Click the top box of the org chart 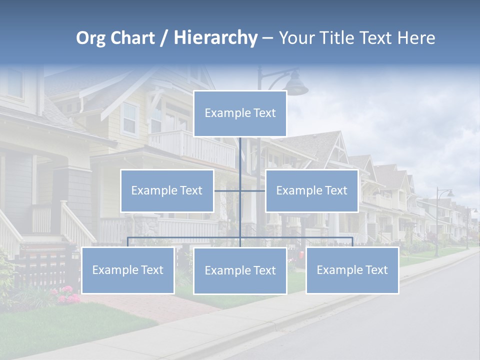240,113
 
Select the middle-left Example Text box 166,190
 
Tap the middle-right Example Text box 311,190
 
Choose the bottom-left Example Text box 127,270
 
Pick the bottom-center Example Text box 240,270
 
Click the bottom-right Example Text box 352,270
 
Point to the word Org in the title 91,38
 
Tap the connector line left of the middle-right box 253,190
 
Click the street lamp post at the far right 437,225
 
